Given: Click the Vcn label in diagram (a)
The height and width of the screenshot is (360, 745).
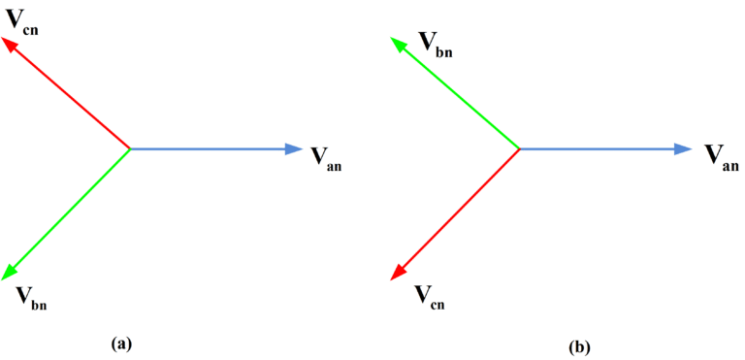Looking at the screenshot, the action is point(21,21).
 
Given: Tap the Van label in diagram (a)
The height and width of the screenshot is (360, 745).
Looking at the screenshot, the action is point(325,159).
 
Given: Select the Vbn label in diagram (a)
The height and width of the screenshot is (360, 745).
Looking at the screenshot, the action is point(31,297).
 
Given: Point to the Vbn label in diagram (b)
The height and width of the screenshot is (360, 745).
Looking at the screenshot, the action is point(435,43).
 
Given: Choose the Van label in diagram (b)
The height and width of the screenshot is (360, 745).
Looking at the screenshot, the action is point(721,157).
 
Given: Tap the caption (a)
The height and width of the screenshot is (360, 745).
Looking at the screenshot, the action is point(121,343).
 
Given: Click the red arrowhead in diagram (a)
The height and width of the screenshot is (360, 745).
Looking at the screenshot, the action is point(9,45).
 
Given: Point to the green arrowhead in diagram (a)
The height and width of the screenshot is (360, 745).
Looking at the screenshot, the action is point(10,273).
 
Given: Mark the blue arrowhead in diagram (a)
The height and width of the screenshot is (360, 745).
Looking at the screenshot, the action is point(294,148).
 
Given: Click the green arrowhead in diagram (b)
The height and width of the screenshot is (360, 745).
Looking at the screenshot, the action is point(398,45).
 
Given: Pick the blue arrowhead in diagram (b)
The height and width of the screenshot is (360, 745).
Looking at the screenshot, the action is point(683,148).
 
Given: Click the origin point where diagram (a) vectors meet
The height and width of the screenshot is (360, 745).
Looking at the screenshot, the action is point(130,148).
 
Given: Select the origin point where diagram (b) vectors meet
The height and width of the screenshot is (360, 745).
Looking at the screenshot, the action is point(520,148).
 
